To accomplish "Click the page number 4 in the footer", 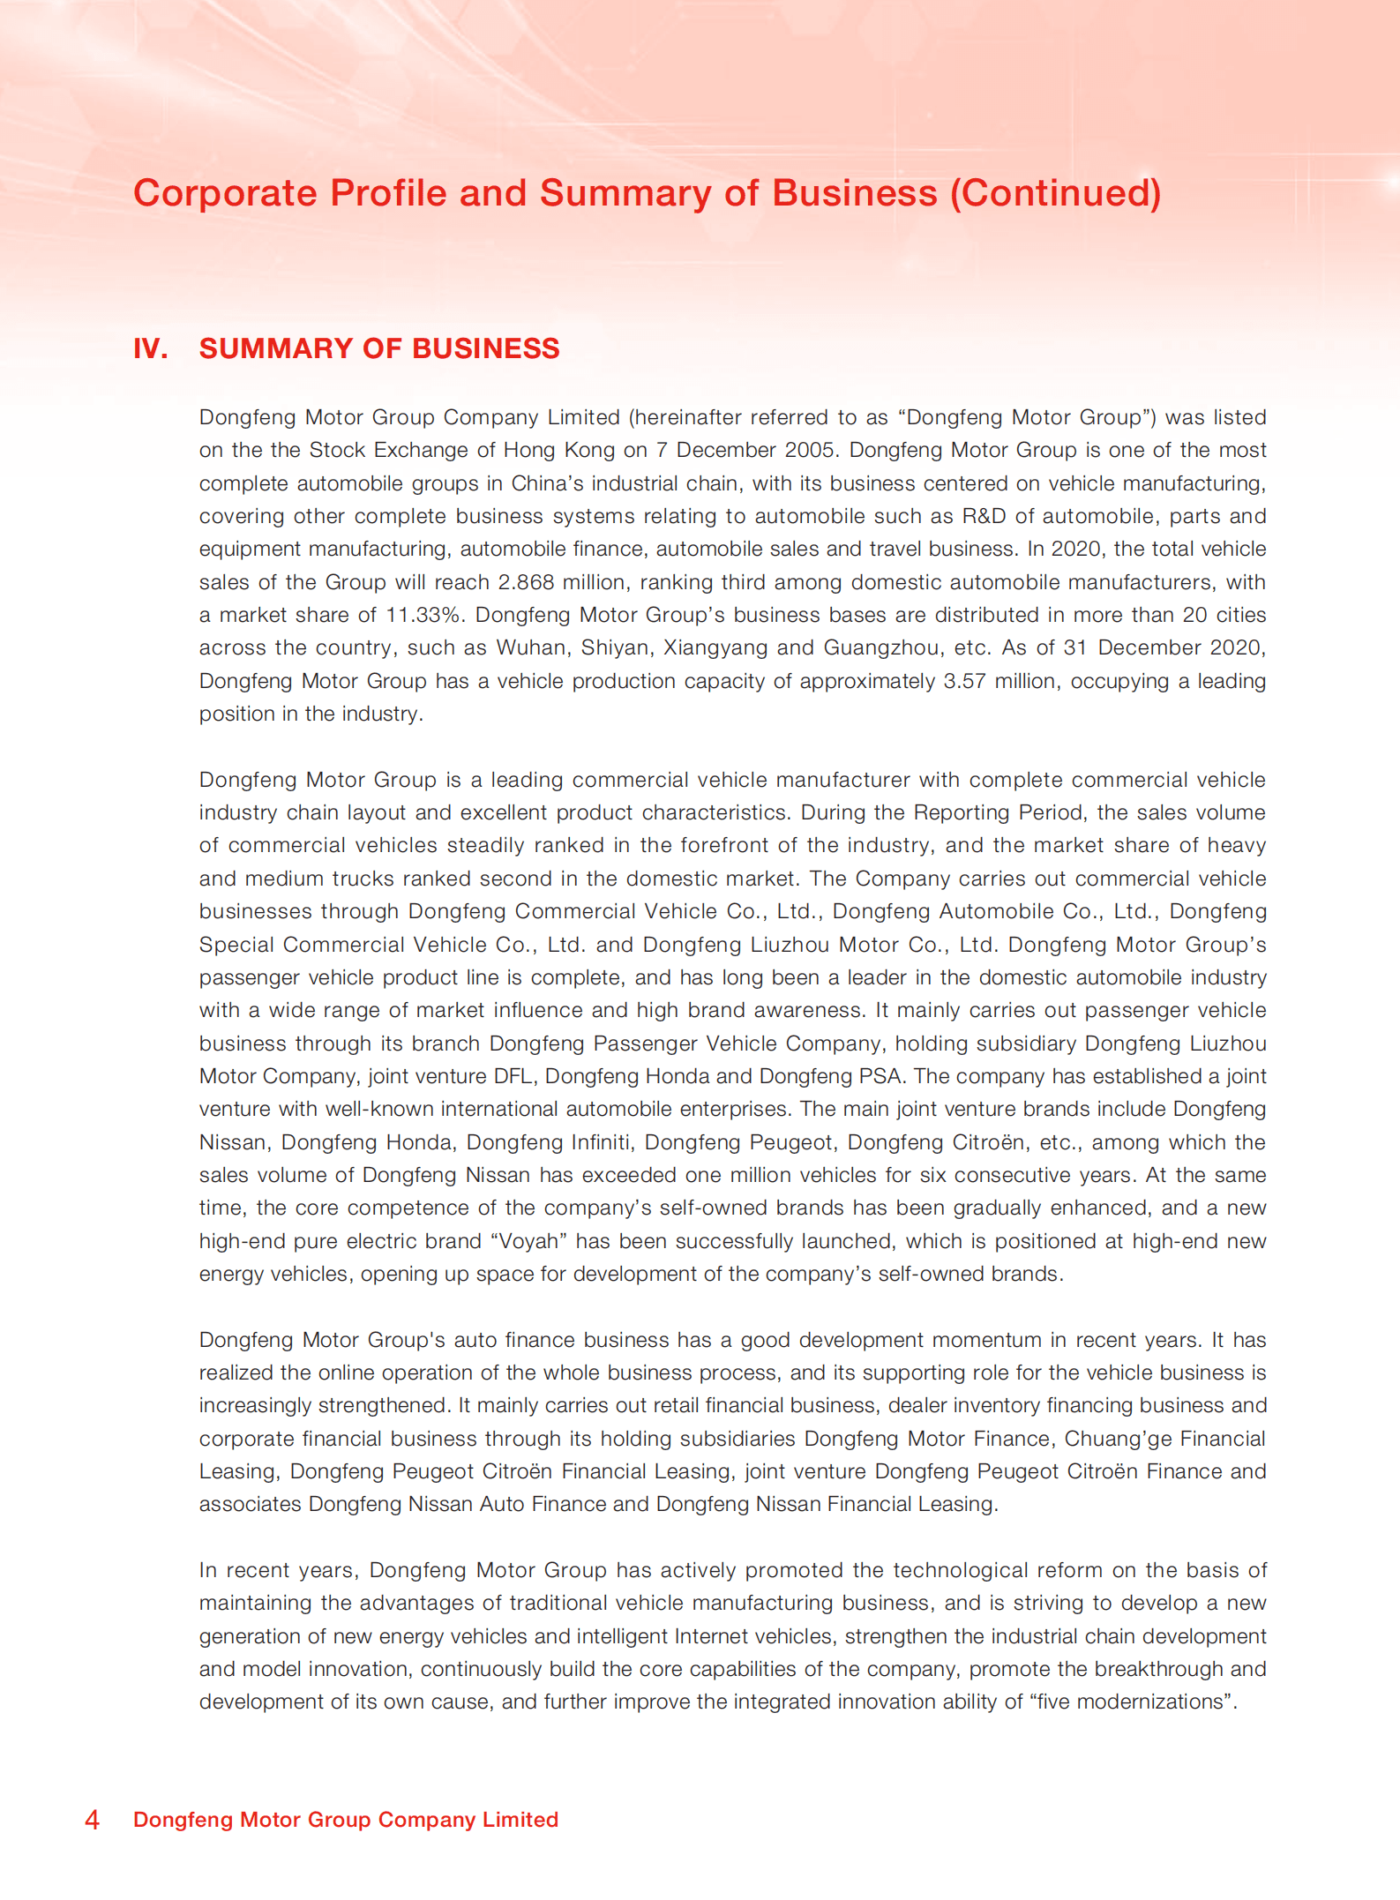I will tap(92, 1819).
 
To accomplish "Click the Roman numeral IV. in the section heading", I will tap(151, 348).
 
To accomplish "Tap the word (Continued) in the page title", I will tap(1055, 193).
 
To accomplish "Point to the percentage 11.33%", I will tap(425, 615).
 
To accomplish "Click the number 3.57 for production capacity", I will tap(964, 681).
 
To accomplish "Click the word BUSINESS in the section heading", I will tap(485, 348).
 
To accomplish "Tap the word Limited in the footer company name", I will tap(520, 1819).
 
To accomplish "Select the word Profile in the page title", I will tap(389, 193).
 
